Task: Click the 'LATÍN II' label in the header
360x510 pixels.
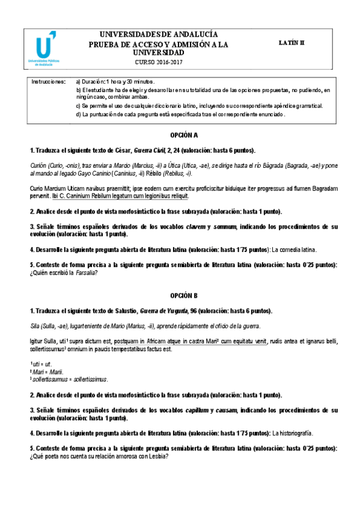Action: [x=293, y=43]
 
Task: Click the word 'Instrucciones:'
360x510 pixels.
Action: [x=49, y=81]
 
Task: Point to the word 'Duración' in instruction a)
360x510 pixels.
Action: [x=93, y=81]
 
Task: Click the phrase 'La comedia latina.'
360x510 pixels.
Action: [x=294, y=249]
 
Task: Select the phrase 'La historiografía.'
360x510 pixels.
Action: [x=293, y=432]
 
